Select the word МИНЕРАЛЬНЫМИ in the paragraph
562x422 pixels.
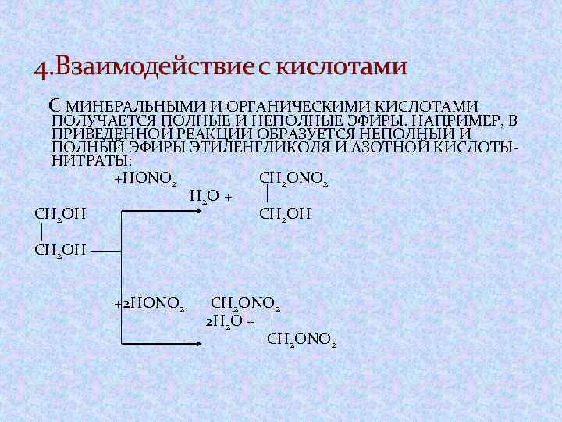137,106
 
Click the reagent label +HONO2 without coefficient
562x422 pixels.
145,179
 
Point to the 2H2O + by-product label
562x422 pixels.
229,320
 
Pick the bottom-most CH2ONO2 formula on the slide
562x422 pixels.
302,339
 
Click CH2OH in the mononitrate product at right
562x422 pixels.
284,213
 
